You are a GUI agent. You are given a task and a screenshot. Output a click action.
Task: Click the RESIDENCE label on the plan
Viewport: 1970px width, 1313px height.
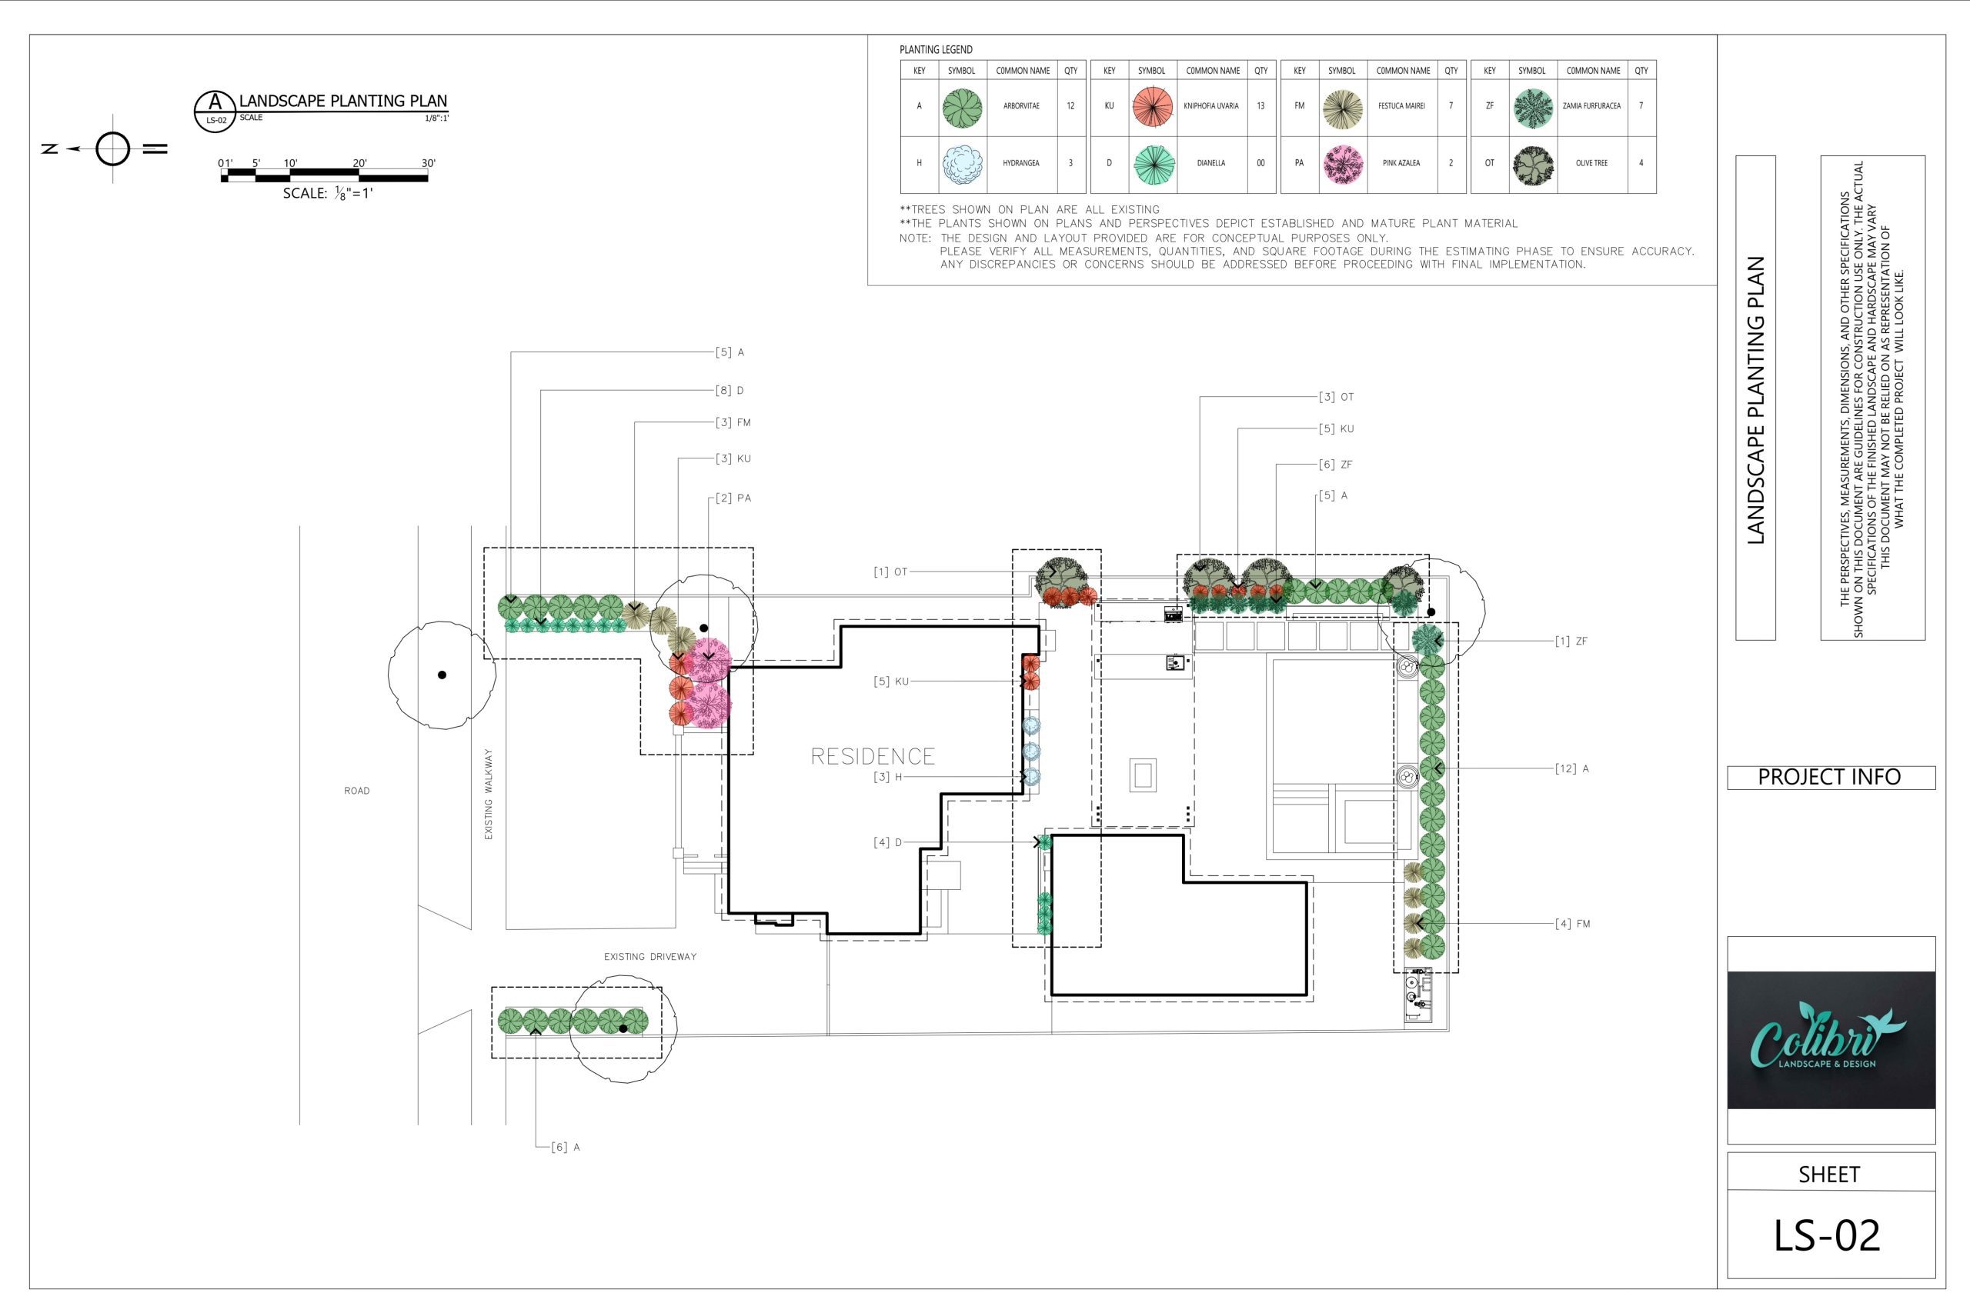pyautogui.click(x=873, y=756)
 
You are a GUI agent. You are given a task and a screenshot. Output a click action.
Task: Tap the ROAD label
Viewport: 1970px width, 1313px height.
pyautogui.click(x=357, y=791)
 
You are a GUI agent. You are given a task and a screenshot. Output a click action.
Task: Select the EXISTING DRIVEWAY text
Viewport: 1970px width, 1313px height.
pyautogui.click(x=650, y=956)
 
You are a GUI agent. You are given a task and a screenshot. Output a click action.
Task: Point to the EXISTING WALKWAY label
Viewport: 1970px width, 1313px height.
pyautogui.click(x=489, y=794)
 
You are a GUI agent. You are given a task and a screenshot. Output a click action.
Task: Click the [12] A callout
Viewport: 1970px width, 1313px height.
pyautogui.click(x=1572, y=768)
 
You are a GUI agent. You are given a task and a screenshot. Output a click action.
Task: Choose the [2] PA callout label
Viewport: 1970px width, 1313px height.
pyautogui.click(x=733, y=498)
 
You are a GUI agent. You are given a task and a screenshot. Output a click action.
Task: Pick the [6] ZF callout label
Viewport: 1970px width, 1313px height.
pyautogui.click(x=1335, y=465)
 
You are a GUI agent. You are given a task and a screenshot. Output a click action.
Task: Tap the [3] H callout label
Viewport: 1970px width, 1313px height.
pyautogui.click(x=888, y=777)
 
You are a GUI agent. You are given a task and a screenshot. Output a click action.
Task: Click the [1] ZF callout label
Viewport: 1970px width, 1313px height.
pyautogui.click(x=1571, y=642)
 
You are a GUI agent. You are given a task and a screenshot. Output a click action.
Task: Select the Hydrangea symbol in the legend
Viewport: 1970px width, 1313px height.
pyautogui.click(x=962, y=164)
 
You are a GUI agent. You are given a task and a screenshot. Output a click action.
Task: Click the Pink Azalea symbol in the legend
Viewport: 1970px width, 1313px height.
pyautogui.click(x=1343, y=164)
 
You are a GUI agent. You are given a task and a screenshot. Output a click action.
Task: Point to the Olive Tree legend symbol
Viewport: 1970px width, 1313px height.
pyautogui.click(x=1533, y=164)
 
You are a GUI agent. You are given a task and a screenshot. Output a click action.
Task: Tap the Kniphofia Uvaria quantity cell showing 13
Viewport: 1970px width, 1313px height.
pyautogui.click(x=1260, y=106)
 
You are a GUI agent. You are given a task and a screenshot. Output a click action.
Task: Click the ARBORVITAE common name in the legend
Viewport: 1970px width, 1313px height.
pyautogui.click(x=1021, y=106)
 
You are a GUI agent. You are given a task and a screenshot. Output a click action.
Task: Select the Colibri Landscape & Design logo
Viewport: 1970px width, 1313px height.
pyautogui.click(x=1831, y=1040)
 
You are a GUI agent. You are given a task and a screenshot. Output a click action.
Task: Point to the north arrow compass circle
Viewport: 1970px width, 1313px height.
pyautogui.click(x=113, y=149)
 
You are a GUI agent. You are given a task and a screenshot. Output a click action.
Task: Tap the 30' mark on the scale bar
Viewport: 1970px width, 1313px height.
pyautogui.click(x=428, y=163)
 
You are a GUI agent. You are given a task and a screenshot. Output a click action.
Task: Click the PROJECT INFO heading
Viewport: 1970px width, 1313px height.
pyautogui.click(x=1829, y=777)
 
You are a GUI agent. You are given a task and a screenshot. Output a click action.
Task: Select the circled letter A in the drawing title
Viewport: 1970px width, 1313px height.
pyautogui.click(x=216, y=102)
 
